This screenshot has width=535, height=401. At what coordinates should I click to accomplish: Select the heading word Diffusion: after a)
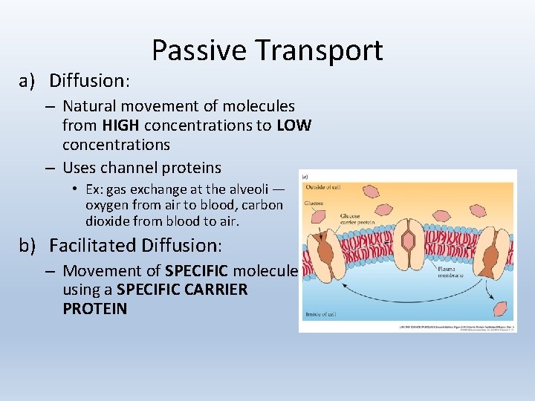(x=90, y=79)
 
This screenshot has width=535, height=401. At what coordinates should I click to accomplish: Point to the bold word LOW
(x=294, y=125)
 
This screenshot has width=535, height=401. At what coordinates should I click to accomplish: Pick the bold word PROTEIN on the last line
(x=94, y=308)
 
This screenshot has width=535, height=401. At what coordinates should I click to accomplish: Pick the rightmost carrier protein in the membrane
(x=489, y=256)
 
